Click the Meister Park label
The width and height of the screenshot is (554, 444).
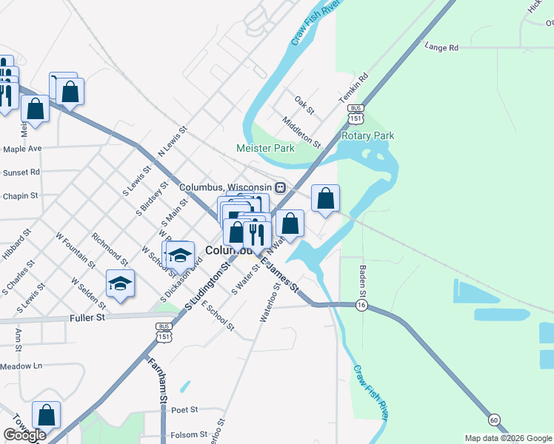(x=265, y=148)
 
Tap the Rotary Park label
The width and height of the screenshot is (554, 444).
(x=367, y=136)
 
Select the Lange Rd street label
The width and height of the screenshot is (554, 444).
(x=441, y=47)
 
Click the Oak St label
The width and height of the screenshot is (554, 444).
(x=304, y=104)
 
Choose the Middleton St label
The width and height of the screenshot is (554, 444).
(x=301, y=132)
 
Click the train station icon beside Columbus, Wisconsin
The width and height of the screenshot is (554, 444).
(x=281, y=187)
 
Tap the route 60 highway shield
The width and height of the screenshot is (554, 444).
(x=494, y=420)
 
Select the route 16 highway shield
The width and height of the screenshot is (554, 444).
(x=361, y=305)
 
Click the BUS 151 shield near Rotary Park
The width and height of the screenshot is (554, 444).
(x=356, y=114)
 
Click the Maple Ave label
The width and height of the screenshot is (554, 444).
(x=22, y=149)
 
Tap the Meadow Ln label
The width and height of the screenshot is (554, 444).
(x=21, y=366)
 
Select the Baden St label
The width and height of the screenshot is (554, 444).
(x=363, y=279)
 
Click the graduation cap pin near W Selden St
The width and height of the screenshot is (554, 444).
(x=120, y=283)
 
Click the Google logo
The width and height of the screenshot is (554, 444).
(x=24, y=435)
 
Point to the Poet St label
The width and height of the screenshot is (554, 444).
(x=184, y=409)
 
